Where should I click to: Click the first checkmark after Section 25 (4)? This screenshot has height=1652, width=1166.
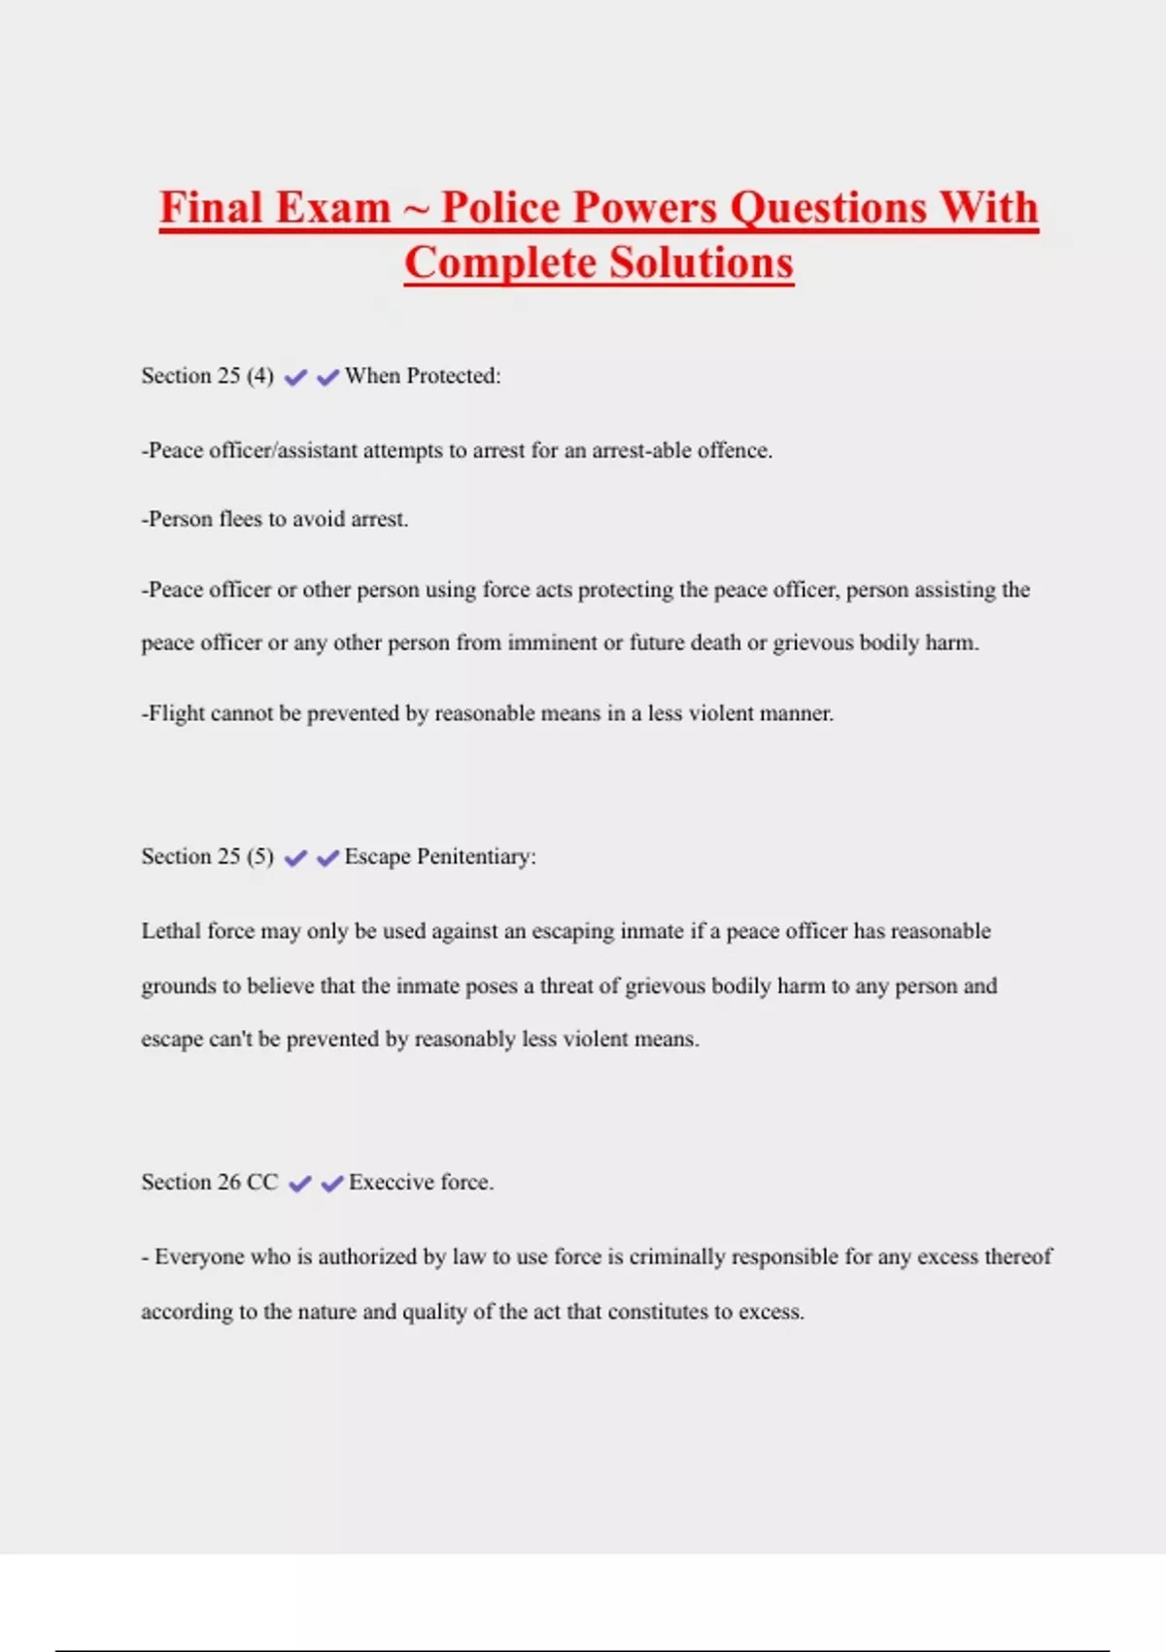(x=295, y=377)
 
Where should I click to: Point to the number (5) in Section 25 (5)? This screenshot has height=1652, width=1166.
(x=260, y=856)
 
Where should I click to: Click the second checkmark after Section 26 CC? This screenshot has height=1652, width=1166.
(x=332, y=1183)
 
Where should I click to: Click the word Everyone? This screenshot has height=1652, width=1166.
(x=199, y=1256)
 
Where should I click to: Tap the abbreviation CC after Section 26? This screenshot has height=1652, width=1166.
(x=262, y=1182)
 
